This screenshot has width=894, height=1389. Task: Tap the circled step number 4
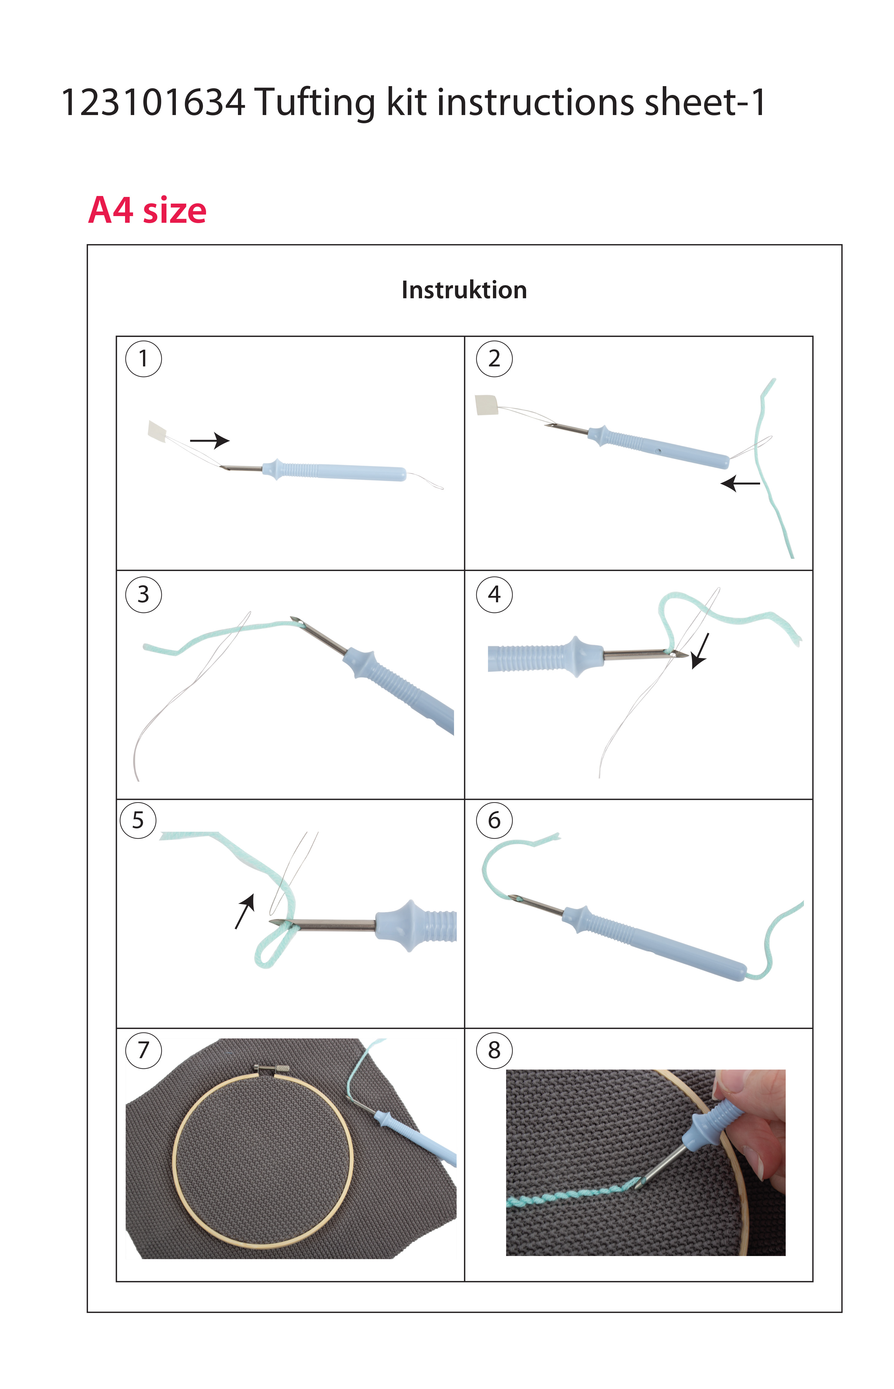(494, 594)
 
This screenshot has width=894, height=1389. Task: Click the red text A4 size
(147, 210)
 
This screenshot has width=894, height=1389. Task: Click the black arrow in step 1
(210, 441)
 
